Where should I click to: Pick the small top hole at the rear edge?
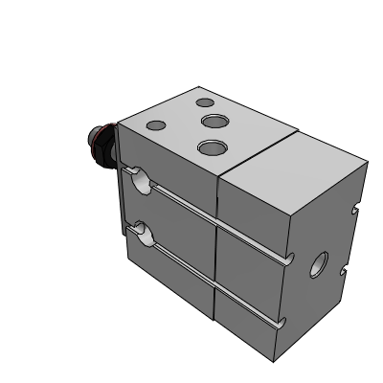204,102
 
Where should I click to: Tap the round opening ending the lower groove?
141,229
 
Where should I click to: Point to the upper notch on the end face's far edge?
355,206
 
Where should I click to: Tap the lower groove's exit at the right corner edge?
283,323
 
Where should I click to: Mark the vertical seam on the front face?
216,249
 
